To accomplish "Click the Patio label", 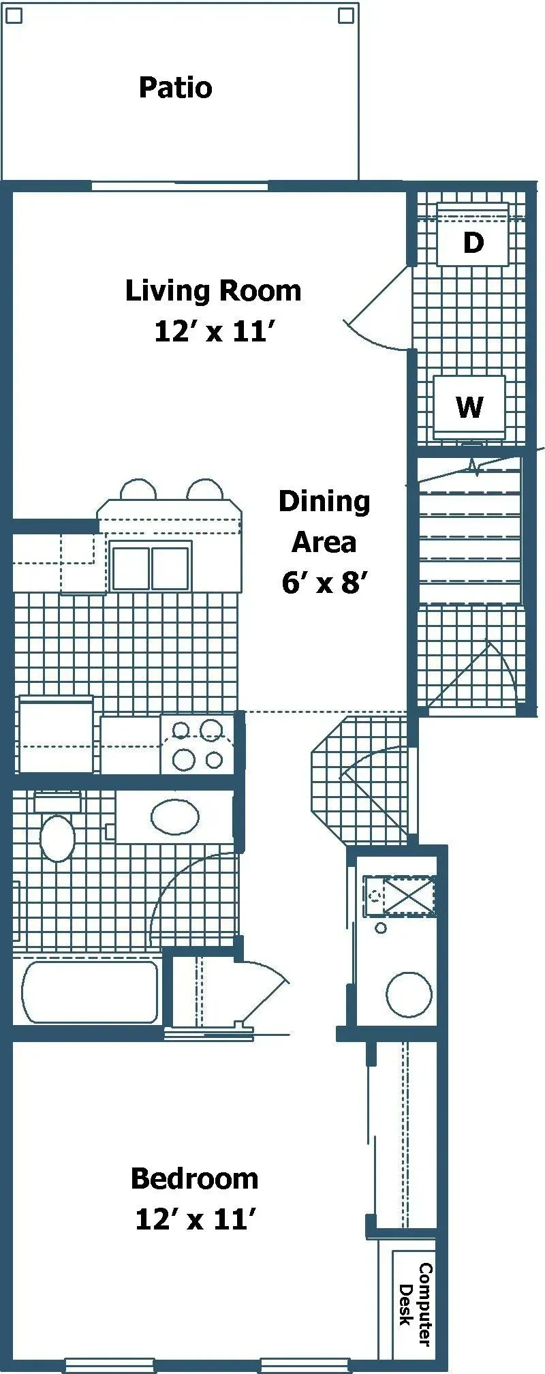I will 175,88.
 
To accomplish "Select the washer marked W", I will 469,407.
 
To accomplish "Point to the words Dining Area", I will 324,521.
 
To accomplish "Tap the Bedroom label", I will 194,1178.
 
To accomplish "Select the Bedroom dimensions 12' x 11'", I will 195,1219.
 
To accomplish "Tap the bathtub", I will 90,992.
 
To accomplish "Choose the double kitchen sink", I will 151,568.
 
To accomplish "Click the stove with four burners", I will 198,744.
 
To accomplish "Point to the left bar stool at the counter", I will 138,490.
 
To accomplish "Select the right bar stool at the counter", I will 205,490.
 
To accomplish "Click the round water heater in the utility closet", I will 409,994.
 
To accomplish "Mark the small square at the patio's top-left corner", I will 14,14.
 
